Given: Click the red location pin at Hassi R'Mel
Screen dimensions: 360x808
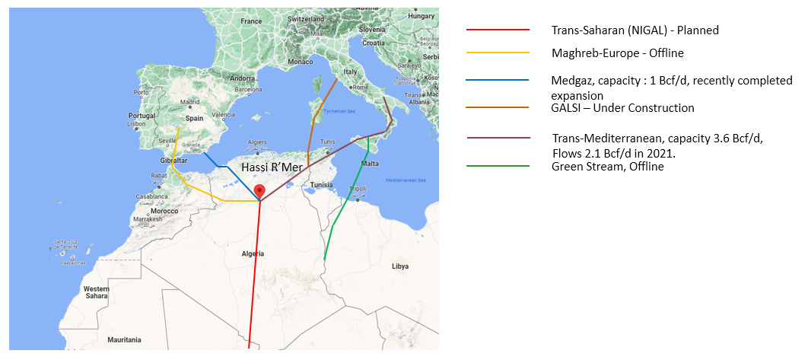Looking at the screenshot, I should (259, 191).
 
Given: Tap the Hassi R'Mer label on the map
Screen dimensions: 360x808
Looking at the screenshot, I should (272, 167).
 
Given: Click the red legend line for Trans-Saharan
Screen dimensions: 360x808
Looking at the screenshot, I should (498, 30).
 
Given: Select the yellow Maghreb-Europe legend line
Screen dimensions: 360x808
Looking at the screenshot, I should (498, 53).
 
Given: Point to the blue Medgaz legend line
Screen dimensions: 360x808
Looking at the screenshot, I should (498, 80).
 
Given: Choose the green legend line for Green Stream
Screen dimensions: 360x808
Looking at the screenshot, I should (498, 167).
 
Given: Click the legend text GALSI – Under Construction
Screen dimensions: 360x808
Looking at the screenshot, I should (622, 108).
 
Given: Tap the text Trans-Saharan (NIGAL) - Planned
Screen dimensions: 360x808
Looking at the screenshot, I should (635, 30).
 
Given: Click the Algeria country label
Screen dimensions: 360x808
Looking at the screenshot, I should (252, 253).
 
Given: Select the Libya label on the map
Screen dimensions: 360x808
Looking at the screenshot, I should (399, 266).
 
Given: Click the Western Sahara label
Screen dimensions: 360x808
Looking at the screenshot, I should (97, 293).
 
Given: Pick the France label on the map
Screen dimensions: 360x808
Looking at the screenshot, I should (250, 21).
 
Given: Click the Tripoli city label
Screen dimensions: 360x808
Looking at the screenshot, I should (356, 190).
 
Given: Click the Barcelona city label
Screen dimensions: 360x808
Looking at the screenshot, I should (248, 89).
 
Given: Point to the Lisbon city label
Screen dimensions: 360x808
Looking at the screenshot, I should (136, 123).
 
